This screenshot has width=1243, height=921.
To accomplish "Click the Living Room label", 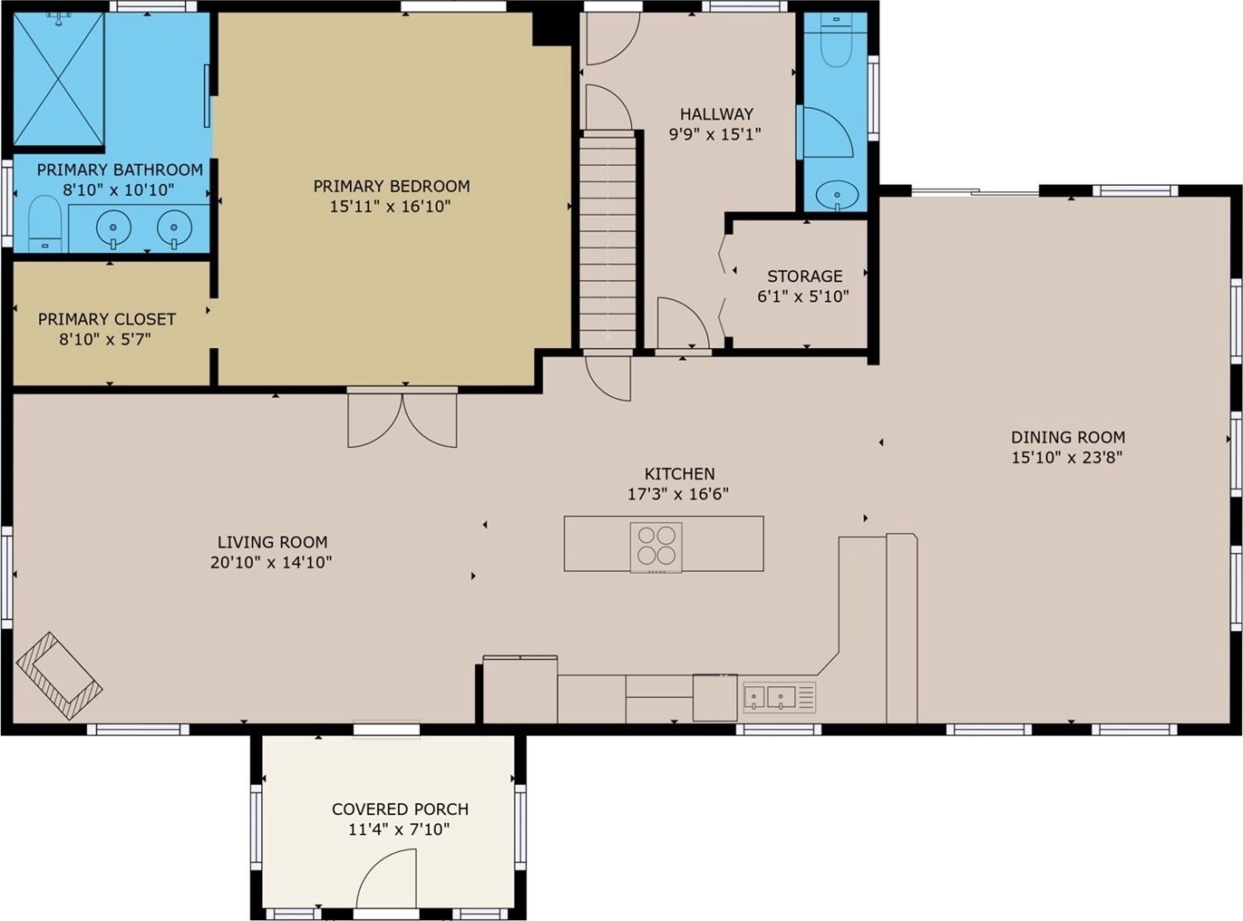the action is pyautogui.click(x=272, y=542).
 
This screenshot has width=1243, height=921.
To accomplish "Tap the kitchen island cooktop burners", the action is pyautogui.click(x=656, y=547).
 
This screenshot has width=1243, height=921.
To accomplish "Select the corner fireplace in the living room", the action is pyautogui.click(x=59, y=676).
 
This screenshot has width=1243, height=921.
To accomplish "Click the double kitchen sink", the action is pyautogui.click(x=780, y=697).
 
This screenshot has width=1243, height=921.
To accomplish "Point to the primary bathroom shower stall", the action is pyautogui.click(x=59, y=79).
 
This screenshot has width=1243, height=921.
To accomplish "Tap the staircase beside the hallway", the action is pyautogui.click(x=607, y=242).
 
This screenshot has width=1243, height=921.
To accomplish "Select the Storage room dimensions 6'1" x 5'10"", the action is pyautogui.click(x=803, y=296).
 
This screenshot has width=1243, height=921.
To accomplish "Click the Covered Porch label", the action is pyautogui.click(x=400, y=809).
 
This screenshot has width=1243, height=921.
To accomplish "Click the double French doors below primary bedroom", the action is pyautogui.click(x=403, y=420).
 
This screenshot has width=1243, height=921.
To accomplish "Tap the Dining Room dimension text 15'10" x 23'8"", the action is pyautogui.click(x=1067, y=458).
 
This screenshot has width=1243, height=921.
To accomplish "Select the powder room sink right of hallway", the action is pyautogui.click(x=837, y=196).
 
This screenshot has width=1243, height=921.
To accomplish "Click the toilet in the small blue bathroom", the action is pyautogui.click(x=836, y=41).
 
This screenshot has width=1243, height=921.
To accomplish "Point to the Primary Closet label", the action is pyautogui.click(x=107, y=319).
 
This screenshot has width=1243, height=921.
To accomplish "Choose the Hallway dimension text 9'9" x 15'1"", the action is pyautogui.click(x=715, y=134).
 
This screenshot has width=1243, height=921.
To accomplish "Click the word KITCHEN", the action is pyautogui.click(x=679, y=474).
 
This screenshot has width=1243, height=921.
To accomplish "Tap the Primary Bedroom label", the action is pyautogui.click(x=392, y=186).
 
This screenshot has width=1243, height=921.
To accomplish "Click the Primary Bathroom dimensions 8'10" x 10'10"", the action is pyautogui.click(x=119, y=190).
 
